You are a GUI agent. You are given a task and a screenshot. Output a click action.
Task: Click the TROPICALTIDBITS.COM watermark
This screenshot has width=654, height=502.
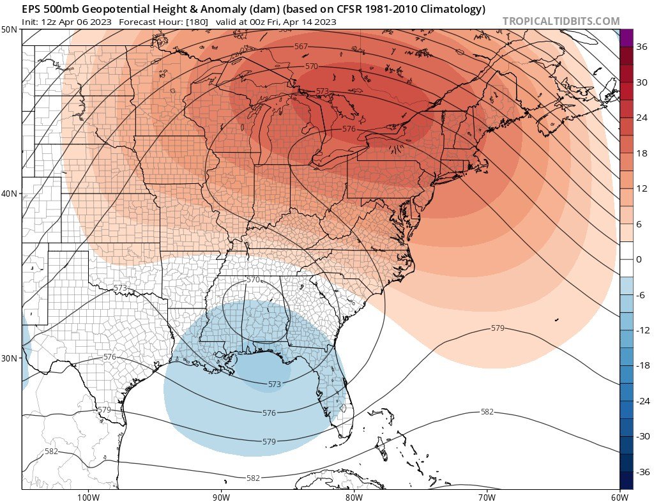coord(561,21)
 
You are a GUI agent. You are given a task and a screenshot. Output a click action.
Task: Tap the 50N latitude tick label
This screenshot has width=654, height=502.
coord(10,30)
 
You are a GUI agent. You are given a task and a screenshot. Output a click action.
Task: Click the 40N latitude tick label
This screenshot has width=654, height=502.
coord(10,194)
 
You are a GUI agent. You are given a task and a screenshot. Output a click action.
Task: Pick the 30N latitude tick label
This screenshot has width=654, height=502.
coord(10,358)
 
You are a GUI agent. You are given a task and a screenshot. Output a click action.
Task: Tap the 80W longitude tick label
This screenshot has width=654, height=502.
coord(354,496)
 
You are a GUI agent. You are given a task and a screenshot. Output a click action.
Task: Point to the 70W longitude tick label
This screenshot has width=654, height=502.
coord(487,496)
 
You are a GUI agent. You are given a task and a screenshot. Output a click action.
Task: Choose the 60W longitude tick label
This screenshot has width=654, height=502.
coord(619,496)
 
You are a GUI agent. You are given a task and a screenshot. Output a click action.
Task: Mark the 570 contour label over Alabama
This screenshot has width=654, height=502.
coord(254,280)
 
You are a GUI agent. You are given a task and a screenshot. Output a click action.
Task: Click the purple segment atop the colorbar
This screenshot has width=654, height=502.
coord(626,38)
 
